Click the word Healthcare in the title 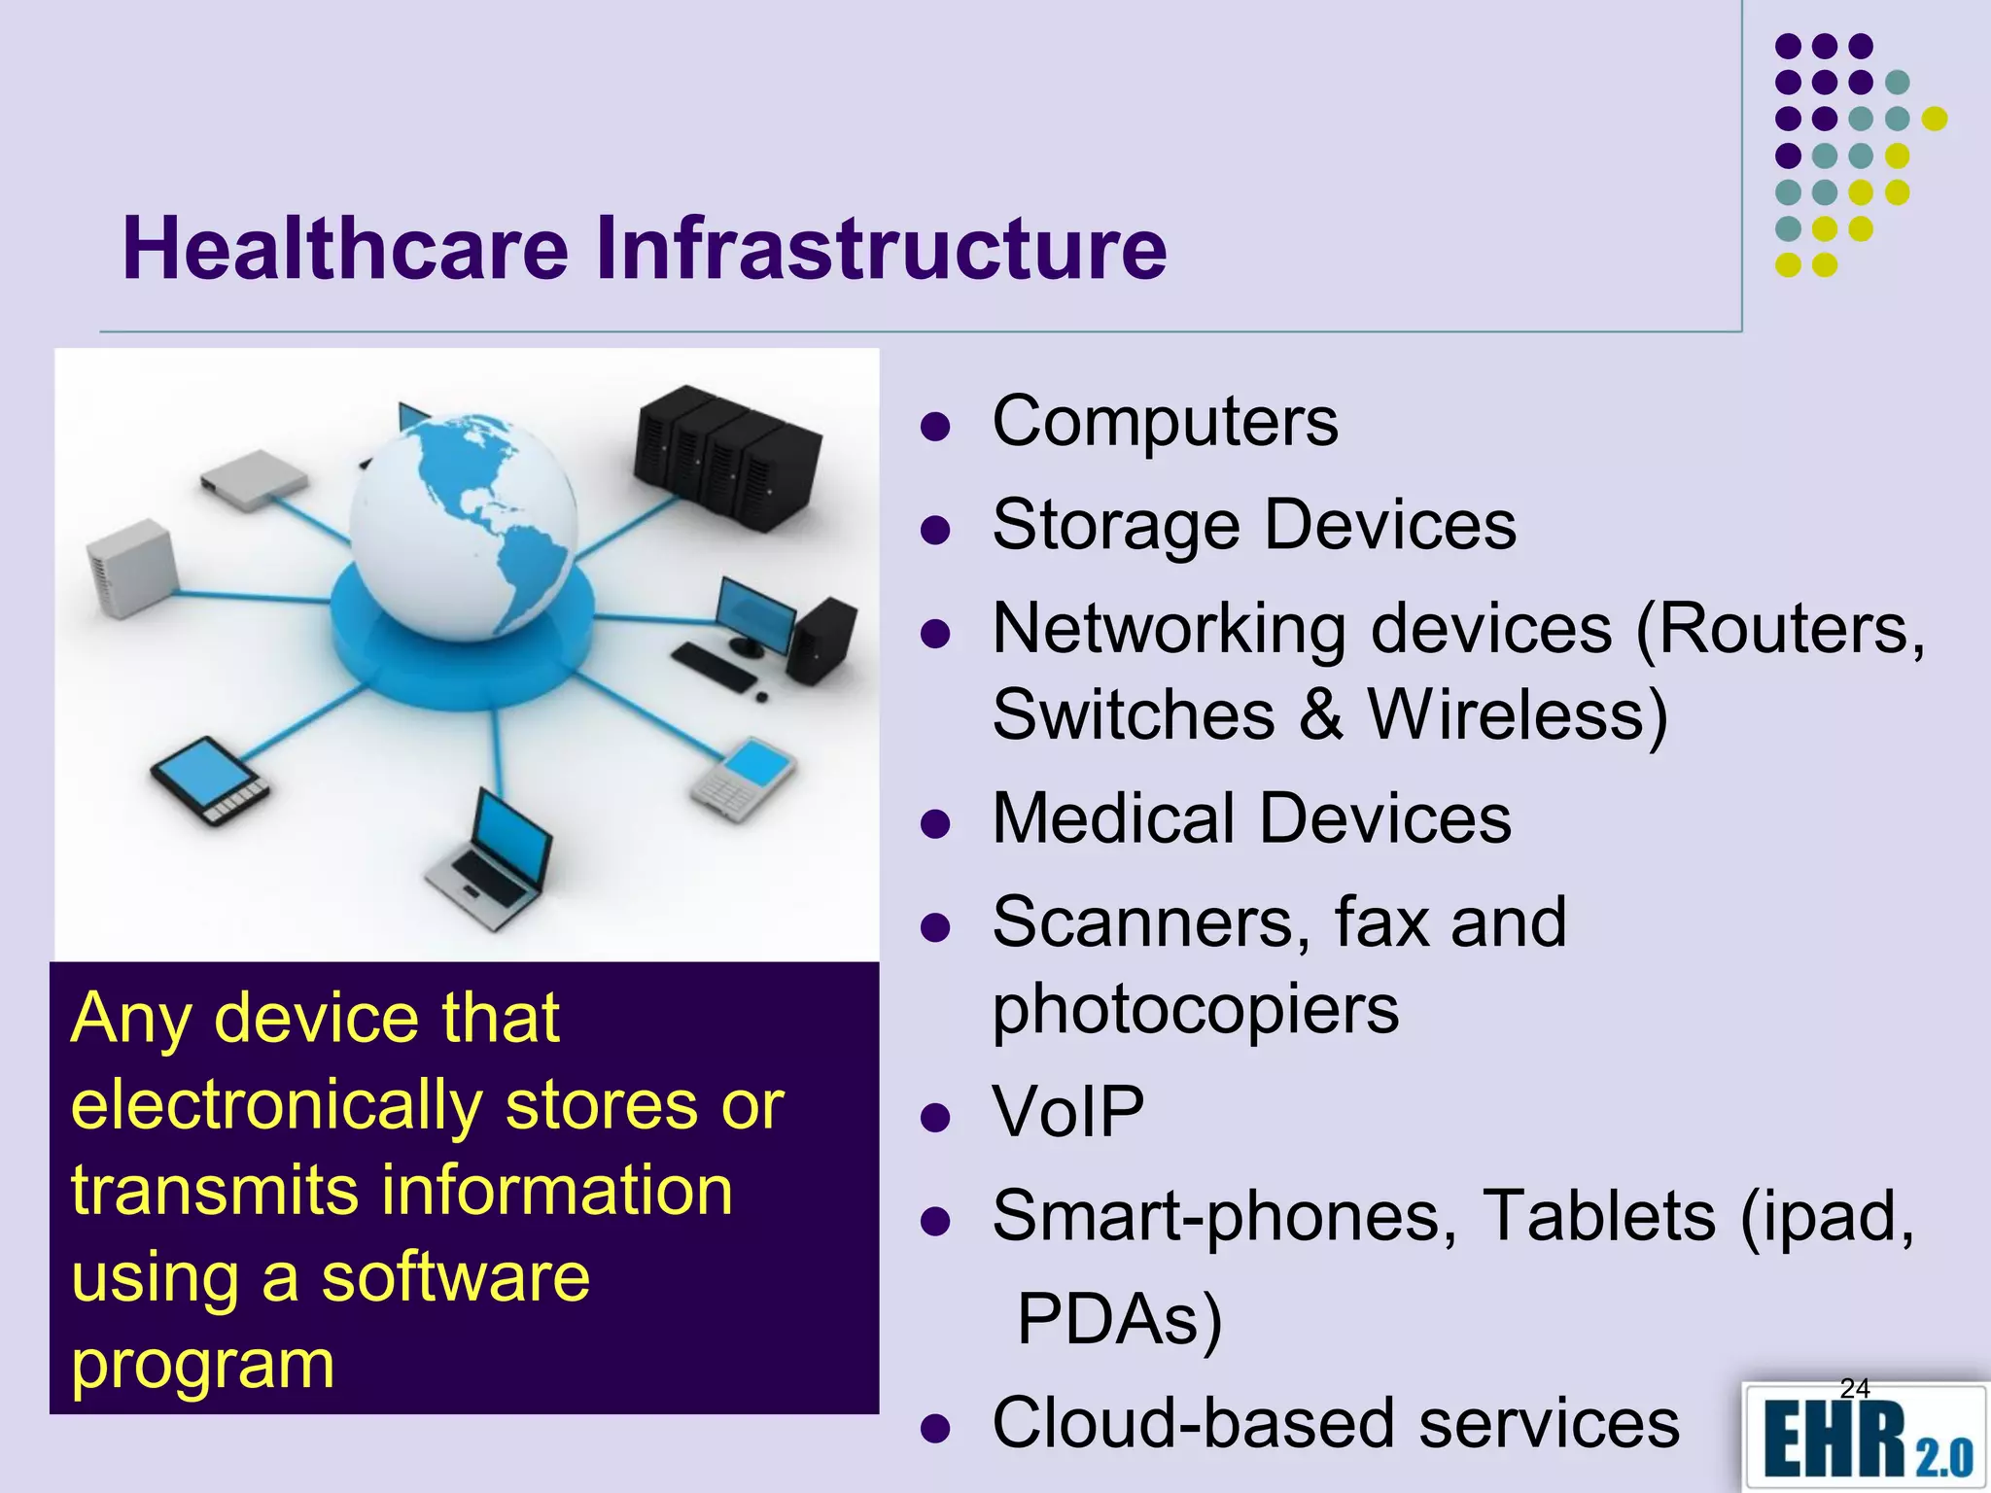[344, 249]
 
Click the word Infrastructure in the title [880, 249]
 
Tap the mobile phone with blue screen [744, 778]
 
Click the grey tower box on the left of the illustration [131, 568]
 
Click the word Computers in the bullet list [1165, 422]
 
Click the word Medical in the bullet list [1113, 818]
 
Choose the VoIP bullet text [1067, 1112]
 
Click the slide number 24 [1855, 1388]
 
